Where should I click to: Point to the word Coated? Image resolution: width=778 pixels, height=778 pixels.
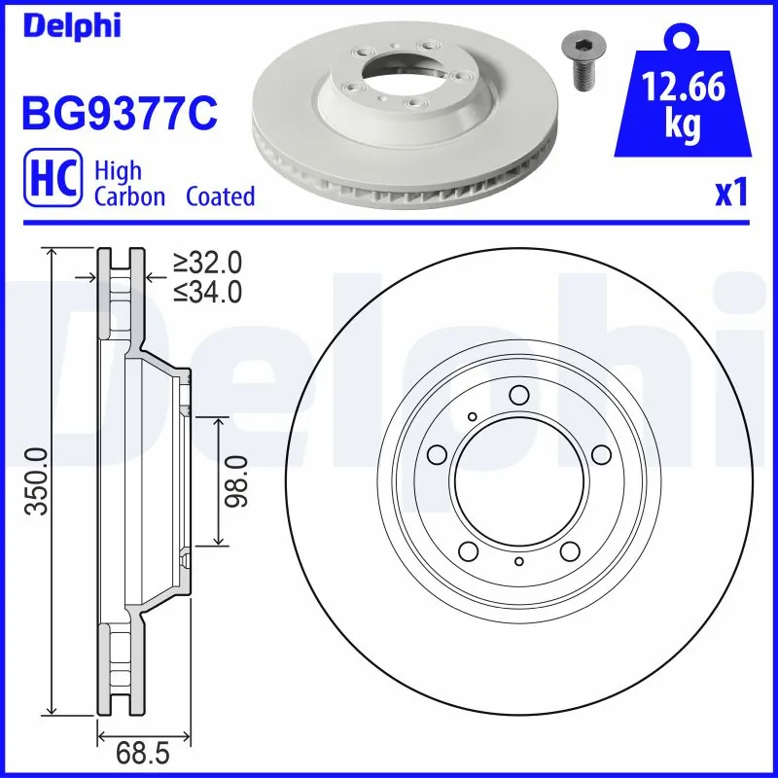[220, 196]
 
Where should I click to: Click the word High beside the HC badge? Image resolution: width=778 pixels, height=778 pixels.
[118, 171]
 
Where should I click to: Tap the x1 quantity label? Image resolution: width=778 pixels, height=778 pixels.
[731, 193]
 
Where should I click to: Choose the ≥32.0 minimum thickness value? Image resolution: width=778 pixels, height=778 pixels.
[208, 263]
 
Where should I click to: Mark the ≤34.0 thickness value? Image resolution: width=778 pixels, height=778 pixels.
[208, 290]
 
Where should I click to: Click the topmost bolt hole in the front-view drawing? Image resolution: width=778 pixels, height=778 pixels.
[518, 395]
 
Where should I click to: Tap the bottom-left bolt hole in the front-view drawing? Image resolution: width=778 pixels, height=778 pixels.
[469, 551]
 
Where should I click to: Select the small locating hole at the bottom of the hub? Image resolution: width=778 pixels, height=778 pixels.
[519, 563]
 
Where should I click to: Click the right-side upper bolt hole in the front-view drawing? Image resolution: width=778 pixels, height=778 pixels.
[600, 454]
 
